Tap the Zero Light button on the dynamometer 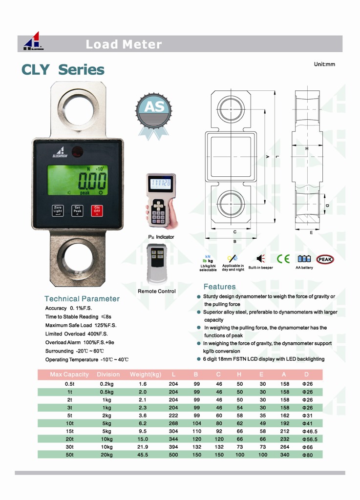pyautogui.click(x=58, y=210)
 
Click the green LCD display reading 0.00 pyautogui.click(x=78, y=180)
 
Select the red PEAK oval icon pyautogui.click(x=325, y=259)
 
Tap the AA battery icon pyautogui.click(x=304, y=259)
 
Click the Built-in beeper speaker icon pyautogui.click(x=260, y=259)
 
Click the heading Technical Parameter pyautogui.click(x=82, y=298)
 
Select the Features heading pyautogui.click(x=219, y=287)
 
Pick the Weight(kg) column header pyautogui.click(x=146, y=375)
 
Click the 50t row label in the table pyautogui.click(x=69, y=455)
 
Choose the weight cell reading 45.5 pyautogui.click(x=143, y=455)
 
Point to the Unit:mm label pyautogui.click(x=324, y=64)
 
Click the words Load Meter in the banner pyautogui.click(x=124, y=44)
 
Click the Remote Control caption pyautogui.click(x=156, y=291)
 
